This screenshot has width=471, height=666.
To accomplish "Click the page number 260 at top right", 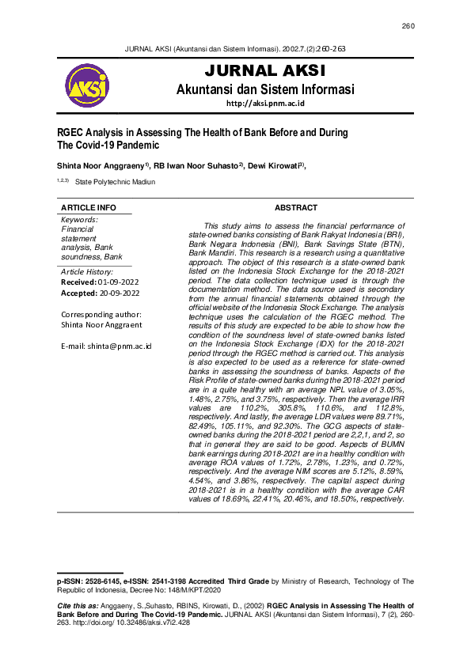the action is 408,26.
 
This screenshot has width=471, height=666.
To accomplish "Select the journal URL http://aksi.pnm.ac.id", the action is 265,104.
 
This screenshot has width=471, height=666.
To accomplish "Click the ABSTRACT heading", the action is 295,208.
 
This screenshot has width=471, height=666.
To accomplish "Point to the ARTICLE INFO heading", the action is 89,208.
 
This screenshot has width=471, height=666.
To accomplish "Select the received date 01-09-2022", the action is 119,282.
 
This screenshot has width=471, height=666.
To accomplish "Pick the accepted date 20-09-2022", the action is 119,293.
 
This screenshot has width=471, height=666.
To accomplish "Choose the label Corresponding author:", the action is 101,314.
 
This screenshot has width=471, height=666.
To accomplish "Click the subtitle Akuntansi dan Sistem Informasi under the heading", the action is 265,89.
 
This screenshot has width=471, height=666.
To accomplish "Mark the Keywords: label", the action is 79,219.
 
